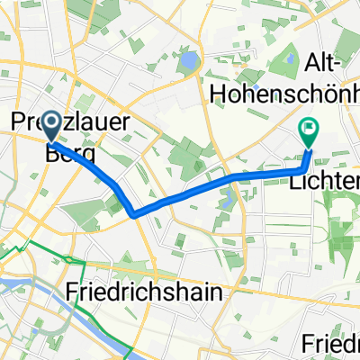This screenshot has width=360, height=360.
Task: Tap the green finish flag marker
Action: click(x=309, y=132)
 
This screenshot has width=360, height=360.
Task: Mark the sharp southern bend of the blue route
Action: click(x=134, y=214)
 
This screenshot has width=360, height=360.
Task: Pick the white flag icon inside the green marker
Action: click(x=310, y=129)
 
